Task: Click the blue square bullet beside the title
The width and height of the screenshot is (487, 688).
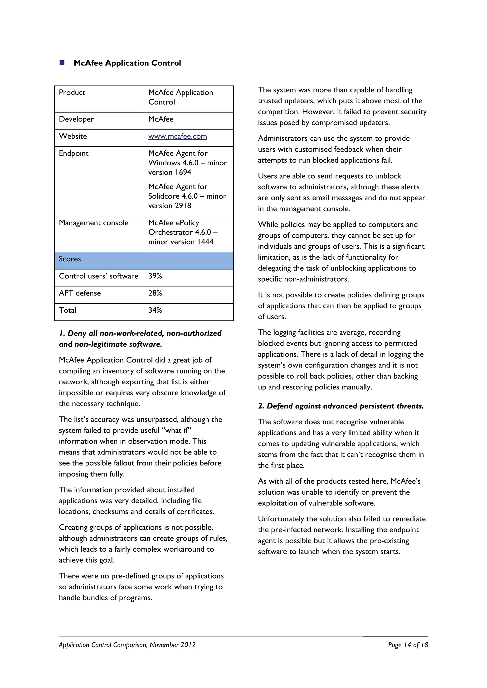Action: pyautogui.click(x=62, y=63)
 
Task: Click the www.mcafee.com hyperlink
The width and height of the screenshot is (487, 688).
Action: pyautogui.click(x=178, y=136)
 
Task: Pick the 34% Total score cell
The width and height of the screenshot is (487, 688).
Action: pyautogui.click(x=155, y=310)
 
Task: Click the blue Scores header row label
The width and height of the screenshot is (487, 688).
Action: pyautogui.click(x=70, y=259)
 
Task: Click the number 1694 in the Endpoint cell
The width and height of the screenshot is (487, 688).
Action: pyautogui.click(x=183, y=172)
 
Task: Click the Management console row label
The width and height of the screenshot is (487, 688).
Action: pyautogui.click(x=93, y=223)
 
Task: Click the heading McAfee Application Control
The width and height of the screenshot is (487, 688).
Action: pyautogui.click(x=127, y=63)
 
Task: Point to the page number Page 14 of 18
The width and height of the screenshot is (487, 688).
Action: pyautogui.click(x=408, y=645)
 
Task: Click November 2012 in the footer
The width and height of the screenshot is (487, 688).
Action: pyautogui.click(x=173, y=645)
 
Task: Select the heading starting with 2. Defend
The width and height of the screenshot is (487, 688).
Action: pyautogui.click(x=341, y=406)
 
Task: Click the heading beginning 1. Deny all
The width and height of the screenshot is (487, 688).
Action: pyautogui.click(x=140, y=339)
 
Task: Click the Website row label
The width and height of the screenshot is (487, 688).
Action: pyautogui.click(x=73, y=136)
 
